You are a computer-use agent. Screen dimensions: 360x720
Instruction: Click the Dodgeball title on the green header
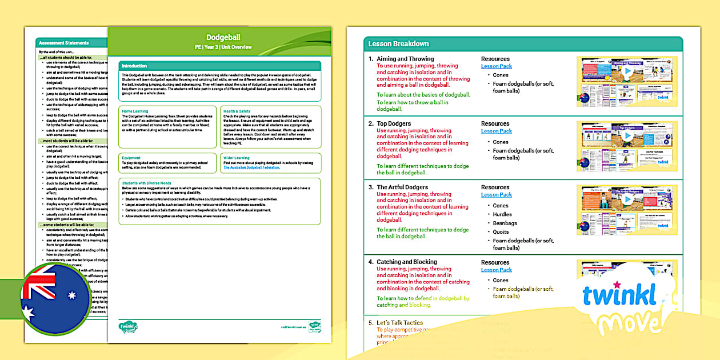[x=220, y=38]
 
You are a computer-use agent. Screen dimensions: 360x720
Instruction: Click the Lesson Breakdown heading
[x=398, y=44]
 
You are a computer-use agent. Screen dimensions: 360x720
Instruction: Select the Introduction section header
[x=134, y=66]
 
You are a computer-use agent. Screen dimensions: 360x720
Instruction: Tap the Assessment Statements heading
[x=63, y=43]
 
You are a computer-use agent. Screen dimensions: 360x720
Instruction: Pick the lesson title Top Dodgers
[x=394, y=123]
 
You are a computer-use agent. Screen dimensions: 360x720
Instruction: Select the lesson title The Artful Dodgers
[x=402, y=187]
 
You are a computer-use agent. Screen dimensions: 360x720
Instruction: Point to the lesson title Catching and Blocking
[x=406, y=262]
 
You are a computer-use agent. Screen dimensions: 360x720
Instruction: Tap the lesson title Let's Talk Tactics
[x=399, y=323]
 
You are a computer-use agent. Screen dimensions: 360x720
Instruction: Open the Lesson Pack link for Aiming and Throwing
[x=496, y=66]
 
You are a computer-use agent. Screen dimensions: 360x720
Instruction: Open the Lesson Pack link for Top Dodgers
[x=496, y=131]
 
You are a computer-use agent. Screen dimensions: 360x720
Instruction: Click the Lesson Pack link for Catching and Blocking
[x=496, y=270]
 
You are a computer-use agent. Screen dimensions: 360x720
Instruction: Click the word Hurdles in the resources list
[x=502, y=214]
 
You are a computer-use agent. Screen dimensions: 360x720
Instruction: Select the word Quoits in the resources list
[x=501, y=232]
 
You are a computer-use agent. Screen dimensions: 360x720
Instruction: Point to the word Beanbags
[x=505, y=223]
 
